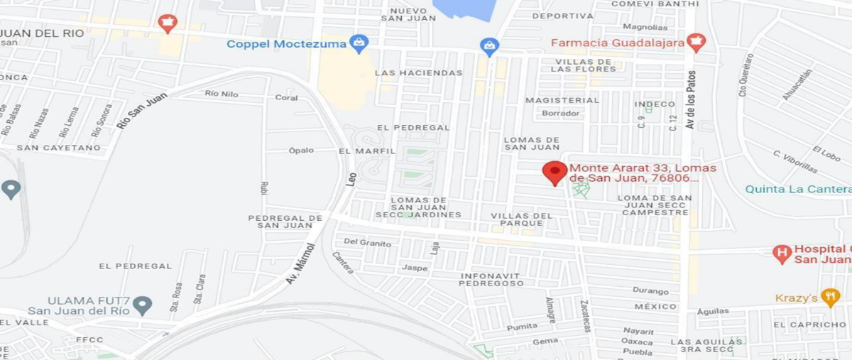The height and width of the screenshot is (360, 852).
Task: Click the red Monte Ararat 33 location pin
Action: tap(555, 172)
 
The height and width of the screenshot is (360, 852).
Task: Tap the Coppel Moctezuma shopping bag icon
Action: tap(359, 43)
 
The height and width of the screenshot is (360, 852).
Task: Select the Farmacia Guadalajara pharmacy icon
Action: tap(696, 43)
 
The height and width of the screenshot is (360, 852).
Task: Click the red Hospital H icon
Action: tap(782, 253)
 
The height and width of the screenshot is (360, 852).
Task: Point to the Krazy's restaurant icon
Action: tap(829, 298)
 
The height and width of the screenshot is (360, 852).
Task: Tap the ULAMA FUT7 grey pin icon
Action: tap(143, 305)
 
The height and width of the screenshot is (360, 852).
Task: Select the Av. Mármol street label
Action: tap(300, 263)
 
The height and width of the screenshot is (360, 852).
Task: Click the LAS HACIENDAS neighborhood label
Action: tap(418, 72)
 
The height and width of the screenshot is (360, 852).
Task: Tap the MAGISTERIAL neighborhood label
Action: tap(562, 100)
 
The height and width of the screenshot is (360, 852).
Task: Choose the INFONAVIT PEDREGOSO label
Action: tap(491, 279)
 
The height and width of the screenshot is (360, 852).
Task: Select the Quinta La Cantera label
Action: tap(797, 189)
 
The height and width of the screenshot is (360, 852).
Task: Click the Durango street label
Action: tap(650, 291)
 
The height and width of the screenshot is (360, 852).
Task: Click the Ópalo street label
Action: tap(301, 151)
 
